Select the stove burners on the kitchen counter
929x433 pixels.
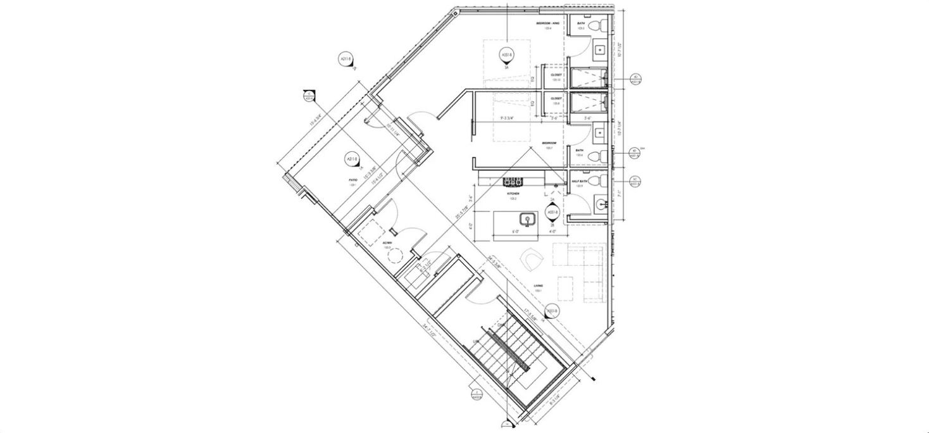pyautogui.click(x=513, y=181)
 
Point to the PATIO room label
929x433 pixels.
pyautogui.click(x=352, y=180)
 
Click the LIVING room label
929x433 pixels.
pyautogui.click(x=538, y=286)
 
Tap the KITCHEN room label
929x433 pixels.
pyautogui.click(x=513, y=193)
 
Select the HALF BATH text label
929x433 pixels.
pyautogui.click(x=580, y=182)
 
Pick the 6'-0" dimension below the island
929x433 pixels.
pyautogui.click(x=517, y=232)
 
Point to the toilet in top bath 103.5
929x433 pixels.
pyautogui.click(x=602, y=25)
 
